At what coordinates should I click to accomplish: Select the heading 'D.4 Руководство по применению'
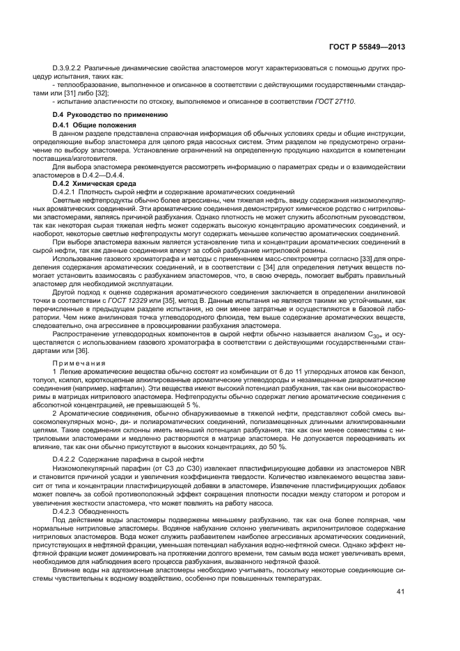[111, 114]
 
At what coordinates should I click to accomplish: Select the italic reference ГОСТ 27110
[335, 102]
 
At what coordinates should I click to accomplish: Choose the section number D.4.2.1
[68, 192]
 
